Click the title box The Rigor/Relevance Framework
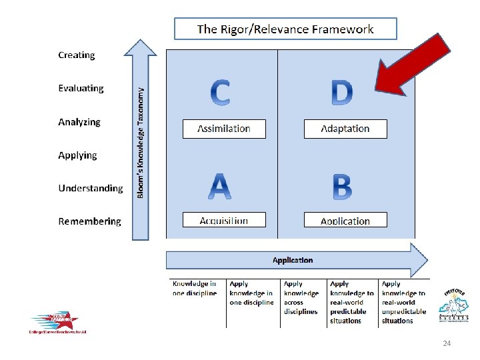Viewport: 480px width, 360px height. (x=285, y=29)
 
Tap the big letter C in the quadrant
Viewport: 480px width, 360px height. (x=221, y=93)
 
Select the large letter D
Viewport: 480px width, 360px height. (x=342, y=93)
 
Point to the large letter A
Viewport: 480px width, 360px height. (x=220, y=187)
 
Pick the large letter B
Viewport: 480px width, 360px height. (x=342, y=187)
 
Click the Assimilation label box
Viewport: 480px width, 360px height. (x=224, y=129)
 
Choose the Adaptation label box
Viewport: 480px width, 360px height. (x=345, y=129)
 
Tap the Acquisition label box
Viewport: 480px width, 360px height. (x=224, y=220)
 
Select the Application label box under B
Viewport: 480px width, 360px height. (x=345, y=221)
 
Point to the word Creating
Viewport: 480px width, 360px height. (x=77, y=55)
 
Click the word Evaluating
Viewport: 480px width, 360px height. (x=81, y=88)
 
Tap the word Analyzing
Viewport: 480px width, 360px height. (x=79, y=122)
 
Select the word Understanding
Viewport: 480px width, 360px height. (x=91, y=188)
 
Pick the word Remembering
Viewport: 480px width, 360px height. (x=90, y=221)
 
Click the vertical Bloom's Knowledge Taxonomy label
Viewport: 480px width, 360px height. (x=141, y=143)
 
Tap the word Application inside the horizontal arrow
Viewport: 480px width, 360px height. (x=293, y=260)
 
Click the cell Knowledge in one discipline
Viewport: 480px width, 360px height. (x=195, y=289)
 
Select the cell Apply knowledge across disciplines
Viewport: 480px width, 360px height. (x=301, y=297)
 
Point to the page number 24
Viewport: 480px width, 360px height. (x=447, y=344)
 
